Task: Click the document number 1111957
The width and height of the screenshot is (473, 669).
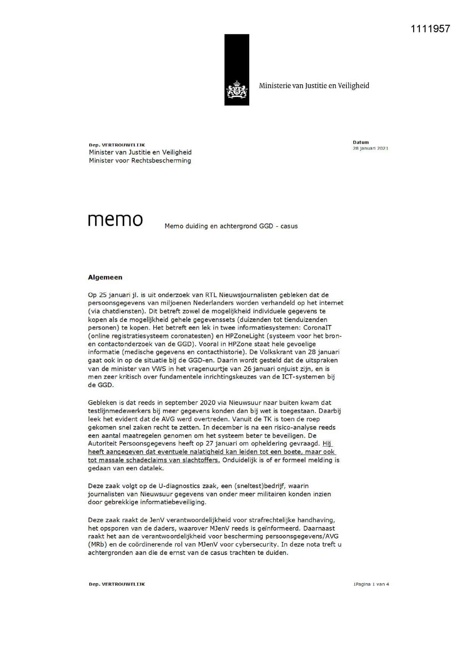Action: coord(430,29)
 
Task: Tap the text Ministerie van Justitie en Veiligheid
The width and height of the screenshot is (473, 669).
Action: coord(314,86)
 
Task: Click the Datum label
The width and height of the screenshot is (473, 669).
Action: coord(361,142)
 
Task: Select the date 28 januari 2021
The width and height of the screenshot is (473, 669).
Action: coord(370,148)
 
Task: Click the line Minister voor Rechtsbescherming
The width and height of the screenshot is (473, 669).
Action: coord(140,161)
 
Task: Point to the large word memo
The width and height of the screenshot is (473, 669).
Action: coord(115,220)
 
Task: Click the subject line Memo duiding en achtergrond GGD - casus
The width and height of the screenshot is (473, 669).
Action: coord(231,226)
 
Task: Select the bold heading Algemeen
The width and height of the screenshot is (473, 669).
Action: coord(105,277)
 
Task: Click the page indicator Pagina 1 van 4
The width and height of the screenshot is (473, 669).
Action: coord(371,584)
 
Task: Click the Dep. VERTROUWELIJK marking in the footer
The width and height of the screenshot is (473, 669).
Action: coord(117,584)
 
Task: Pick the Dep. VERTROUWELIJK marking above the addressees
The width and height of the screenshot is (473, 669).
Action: coord(117,145)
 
